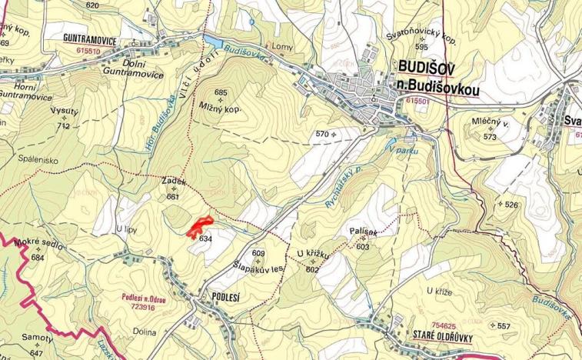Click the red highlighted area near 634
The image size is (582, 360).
199,226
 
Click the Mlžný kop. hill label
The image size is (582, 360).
220,109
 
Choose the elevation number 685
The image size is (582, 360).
221,93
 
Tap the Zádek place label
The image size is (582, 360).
174,181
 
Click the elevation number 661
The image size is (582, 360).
172,197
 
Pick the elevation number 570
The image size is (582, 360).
322,135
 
